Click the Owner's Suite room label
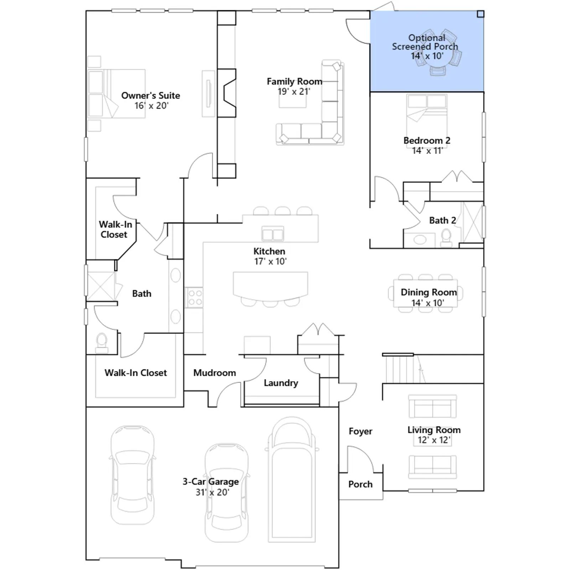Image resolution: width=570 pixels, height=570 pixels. (x=150, y=95)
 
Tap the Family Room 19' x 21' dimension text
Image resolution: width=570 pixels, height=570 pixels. (x=294, y=92)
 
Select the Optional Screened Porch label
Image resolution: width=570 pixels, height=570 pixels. (x=425, y=42)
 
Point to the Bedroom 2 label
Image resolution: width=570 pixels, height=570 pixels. (x=427, y=140)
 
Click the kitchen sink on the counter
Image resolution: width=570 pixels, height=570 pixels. (x=273, y=234)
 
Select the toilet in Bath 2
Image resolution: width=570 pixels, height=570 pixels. (x=446, y=238)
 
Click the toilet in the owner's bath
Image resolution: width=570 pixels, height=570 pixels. (x=102, y=343)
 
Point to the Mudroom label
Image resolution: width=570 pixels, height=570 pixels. (x=214, y=373)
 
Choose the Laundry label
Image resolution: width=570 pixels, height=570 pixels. (x=281, y=383)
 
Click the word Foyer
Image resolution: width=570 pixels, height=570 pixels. (x=361, y=431)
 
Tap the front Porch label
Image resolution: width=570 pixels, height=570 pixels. (x=361, y=484)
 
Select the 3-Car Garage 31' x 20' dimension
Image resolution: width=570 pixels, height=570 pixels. (x=212, y=492)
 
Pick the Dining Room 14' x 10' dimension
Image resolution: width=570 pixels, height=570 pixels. (x=427, y=303)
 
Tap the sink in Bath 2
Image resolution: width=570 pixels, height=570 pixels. (x=420, y=240)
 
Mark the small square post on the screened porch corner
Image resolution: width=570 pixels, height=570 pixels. (x=480, y=14)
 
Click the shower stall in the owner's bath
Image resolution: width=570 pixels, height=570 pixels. (x=100, y=286)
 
